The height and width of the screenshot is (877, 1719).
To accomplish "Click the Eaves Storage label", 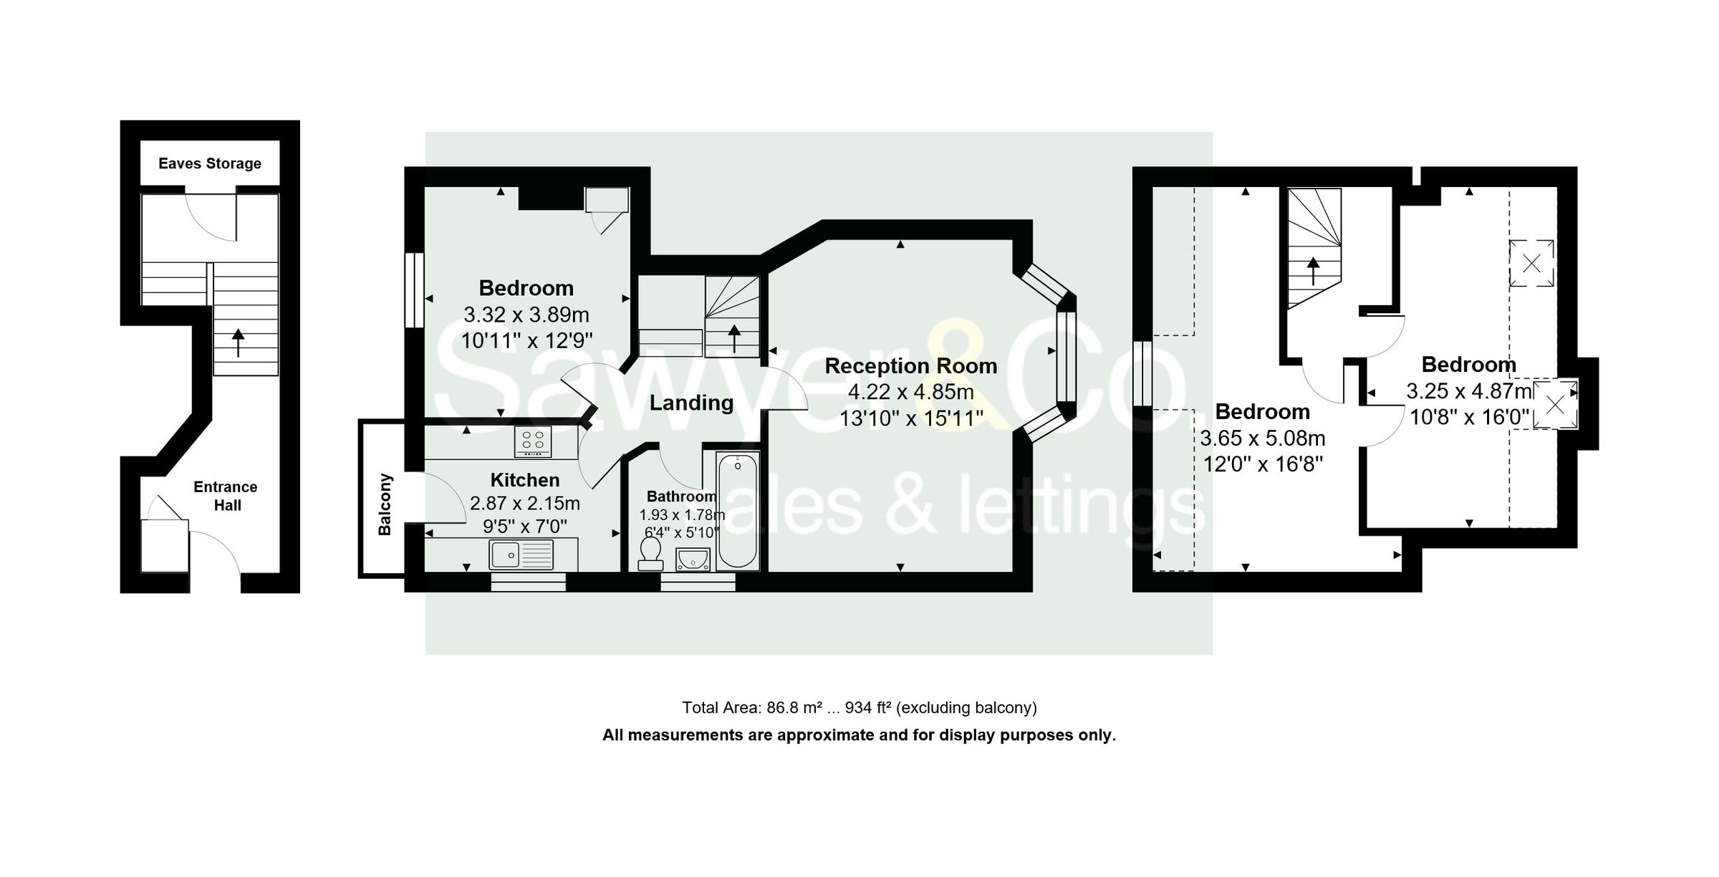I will (x=209, y=163).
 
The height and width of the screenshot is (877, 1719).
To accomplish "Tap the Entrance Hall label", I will (x=226, y=496).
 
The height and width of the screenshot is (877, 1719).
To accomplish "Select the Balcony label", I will (x=385, y=504).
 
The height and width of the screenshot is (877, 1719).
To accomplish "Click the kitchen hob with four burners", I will (x=533, y=441).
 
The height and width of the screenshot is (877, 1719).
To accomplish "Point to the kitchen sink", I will (x=521, y=555).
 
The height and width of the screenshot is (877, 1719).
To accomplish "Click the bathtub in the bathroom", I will (x=737, y=511).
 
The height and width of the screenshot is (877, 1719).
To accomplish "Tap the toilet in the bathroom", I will (x=650, y=553).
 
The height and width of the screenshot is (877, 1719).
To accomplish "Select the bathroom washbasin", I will (x=692, y=559).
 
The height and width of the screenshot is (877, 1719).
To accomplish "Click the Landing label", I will (x=691, y=403).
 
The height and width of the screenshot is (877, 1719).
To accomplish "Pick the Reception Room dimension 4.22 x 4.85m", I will (x=910, y=392).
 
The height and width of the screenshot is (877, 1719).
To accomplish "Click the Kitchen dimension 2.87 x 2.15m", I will (x=524, y=503).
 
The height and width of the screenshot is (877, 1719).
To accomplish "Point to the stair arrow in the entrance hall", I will (x=238, y=342).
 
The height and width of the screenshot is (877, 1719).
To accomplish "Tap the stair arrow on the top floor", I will (x=1313, y=271).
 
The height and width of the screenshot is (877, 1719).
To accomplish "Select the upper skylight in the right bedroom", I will (x=1531, y=263).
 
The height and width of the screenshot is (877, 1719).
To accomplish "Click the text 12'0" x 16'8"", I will (x=1262, y=464).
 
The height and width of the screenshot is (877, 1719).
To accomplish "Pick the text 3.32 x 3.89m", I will (x=526, y=315).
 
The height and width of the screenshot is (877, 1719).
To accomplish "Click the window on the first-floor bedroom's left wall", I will (x=414, y=290).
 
